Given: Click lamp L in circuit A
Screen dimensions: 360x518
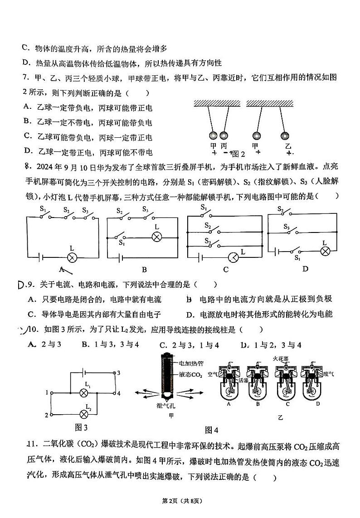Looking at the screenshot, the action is [x=72, y=258].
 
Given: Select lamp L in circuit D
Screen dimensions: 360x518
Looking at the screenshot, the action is [x=325, y=251].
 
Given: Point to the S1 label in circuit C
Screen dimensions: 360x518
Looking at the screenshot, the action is [x=204, y=208].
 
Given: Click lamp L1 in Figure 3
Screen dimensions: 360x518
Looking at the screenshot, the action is [x=83, y=392].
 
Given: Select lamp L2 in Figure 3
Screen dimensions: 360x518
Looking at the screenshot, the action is [x=83, y=414].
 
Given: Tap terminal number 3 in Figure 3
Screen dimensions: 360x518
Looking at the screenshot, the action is [x=118, y=373].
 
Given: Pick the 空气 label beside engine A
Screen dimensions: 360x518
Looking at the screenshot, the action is [x=213, y=374].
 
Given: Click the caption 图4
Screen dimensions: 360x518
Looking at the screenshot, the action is [x=212, y=430].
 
